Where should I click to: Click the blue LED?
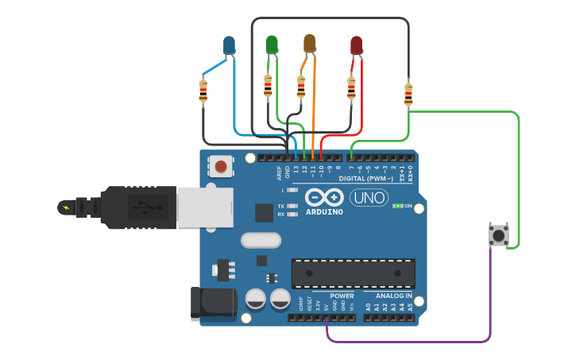point(230,45)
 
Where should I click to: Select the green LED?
point(272,44)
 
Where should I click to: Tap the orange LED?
point(310,43)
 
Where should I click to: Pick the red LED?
point(356,45)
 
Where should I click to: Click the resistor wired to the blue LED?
point(203,91)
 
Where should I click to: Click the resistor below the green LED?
point(268,84)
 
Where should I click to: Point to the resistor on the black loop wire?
point(408,94)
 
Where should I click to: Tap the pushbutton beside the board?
point(499,235)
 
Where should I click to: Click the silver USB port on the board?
point(204,207)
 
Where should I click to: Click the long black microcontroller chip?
point(353,273)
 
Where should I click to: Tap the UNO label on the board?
point(369,197)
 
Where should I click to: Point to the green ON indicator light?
point(396,206)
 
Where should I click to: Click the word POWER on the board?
point(342,296)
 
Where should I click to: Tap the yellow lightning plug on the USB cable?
point(65,208)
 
